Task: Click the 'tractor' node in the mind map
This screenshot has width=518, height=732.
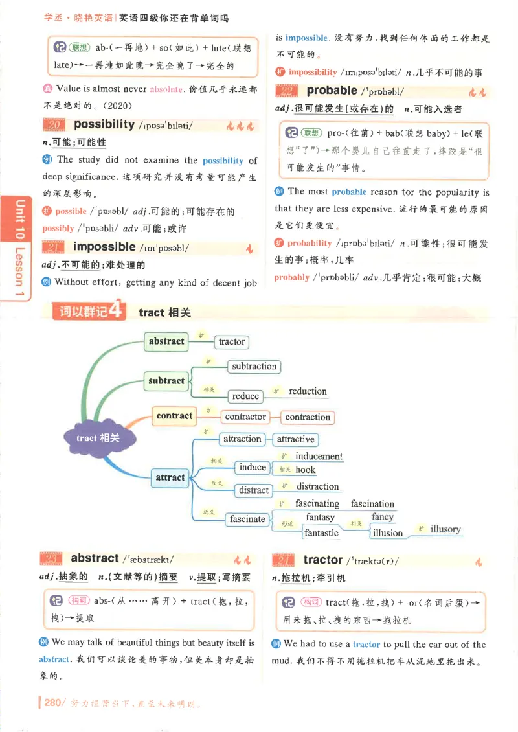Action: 231,341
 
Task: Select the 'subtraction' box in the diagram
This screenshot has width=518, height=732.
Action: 254,367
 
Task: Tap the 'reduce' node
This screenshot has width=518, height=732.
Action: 245,396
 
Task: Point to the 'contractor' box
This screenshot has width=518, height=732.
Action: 245,417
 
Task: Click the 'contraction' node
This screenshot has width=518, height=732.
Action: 308,417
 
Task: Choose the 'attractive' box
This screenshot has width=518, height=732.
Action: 295,439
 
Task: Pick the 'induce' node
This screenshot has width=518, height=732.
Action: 253,467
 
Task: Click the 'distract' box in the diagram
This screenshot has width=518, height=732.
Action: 253,490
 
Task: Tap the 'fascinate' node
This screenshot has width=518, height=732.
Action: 247,519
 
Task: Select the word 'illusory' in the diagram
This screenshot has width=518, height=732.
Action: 445,529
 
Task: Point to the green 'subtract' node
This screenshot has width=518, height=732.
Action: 166,381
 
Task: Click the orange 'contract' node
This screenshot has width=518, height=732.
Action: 174,416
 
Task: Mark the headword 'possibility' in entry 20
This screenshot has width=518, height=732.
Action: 104,124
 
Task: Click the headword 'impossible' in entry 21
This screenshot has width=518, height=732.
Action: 104,247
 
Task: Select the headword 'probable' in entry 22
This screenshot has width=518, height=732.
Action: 332,91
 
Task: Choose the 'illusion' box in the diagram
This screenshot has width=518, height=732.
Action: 387,533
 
